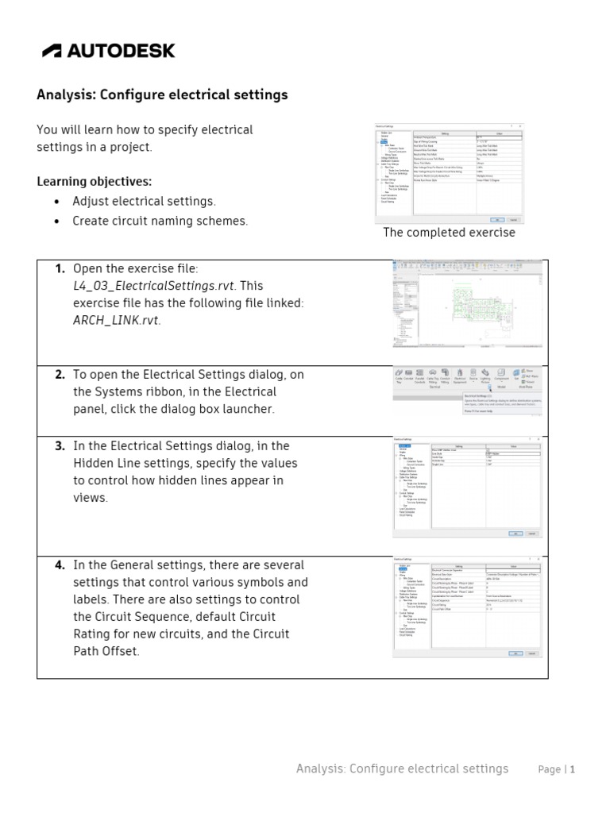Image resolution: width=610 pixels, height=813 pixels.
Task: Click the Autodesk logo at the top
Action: point(109,51)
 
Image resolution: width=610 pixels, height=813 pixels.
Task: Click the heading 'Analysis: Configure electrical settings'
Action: point(162,95)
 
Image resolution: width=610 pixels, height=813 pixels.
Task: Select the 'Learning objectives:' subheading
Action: point(94,181)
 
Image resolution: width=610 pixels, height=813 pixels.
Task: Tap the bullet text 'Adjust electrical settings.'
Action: point(144,202)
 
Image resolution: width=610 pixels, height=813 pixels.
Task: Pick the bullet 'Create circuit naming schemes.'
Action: point(160,222)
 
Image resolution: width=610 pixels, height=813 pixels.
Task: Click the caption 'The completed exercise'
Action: point(449,233)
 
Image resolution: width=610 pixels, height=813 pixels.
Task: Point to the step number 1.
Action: point(60,269)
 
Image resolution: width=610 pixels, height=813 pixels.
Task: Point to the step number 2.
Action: point(60,375)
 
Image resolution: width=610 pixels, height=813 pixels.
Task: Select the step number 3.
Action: point(60,446)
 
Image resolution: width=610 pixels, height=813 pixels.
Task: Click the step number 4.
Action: point(60,565)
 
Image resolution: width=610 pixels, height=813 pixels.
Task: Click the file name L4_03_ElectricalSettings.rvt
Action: point(153,286)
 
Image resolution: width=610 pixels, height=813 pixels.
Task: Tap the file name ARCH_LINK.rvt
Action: point(115,321)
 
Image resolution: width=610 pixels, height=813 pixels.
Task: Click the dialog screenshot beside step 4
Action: point(467,608)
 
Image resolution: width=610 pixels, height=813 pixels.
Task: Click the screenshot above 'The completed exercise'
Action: point(449,173)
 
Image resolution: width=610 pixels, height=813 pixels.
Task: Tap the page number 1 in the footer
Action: point(572,769)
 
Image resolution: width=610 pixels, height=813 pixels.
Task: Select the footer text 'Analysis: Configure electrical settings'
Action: point(402,769)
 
